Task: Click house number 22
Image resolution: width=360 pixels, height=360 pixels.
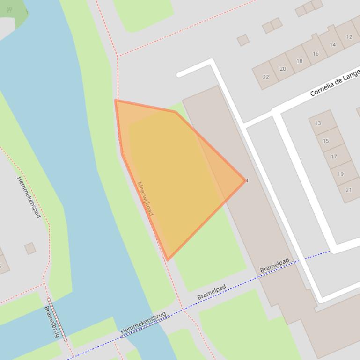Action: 266,77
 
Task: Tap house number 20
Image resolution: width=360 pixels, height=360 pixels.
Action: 283,69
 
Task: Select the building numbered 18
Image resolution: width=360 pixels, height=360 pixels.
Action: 299,61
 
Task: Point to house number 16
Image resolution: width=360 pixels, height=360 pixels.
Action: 316,54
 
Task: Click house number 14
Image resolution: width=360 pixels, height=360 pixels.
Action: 332,45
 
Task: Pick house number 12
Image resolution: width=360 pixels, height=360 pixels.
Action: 349,37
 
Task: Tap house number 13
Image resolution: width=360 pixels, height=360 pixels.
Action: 318,123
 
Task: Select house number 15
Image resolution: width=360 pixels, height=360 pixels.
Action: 326,141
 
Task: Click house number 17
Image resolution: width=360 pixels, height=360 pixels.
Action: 334,157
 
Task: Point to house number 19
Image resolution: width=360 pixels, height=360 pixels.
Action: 340,174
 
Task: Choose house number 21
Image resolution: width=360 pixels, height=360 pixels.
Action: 348,190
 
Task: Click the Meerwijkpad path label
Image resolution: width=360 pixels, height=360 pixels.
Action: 145,199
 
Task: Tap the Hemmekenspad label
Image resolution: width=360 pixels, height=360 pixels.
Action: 29,197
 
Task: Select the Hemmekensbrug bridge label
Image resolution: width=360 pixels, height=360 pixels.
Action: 143,323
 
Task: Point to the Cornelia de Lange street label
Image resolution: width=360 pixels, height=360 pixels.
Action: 335,83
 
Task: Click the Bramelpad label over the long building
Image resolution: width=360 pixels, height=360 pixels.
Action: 275,266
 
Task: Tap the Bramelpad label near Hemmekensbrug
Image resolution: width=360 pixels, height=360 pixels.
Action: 212,292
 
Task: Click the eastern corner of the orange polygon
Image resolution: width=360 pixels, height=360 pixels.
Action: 245,180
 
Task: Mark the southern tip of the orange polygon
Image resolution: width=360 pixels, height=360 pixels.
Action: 167,259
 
